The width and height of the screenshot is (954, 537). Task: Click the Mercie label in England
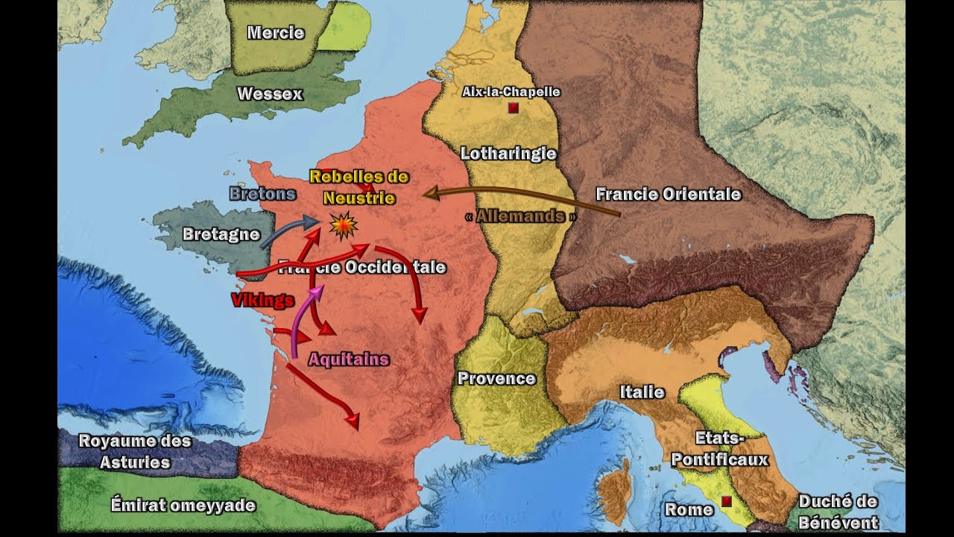(x=276, y=33)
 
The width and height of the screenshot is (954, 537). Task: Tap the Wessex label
(x=270, y=94)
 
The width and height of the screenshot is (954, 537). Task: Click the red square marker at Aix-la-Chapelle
(x=512, y=109)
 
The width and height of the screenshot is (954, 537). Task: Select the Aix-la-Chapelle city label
(x=511, y=92)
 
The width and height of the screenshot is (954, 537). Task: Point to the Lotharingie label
(x=508, y=154)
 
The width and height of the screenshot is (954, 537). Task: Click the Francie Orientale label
(x=669, y=195)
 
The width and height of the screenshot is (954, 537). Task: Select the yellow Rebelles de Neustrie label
(x=359, y=187)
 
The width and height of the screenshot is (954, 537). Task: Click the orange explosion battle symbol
(x=343, y=225)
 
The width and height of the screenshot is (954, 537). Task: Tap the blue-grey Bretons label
(x=262, y=194)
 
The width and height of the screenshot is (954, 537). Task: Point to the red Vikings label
(x=262, y=301)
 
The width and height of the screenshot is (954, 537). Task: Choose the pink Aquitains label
(x=349, y=359)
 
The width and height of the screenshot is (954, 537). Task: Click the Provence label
(x=496, y=378)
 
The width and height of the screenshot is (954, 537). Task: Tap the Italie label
(x=642, y=392)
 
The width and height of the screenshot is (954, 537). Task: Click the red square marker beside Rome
(x=726, y=501)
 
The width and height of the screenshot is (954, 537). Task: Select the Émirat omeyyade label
(x=183, y=506)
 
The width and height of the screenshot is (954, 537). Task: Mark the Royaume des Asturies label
(x=135, y=451)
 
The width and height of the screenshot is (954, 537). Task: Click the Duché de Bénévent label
(x=838, y=511)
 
